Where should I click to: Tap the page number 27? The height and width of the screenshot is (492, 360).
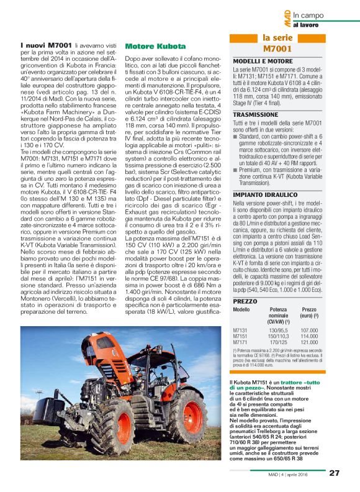[334, 473]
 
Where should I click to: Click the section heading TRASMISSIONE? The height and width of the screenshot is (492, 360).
[255, 115]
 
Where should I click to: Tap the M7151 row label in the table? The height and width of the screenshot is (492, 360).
[241, 337]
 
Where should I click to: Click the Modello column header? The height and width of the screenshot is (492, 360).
[241, 309]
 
